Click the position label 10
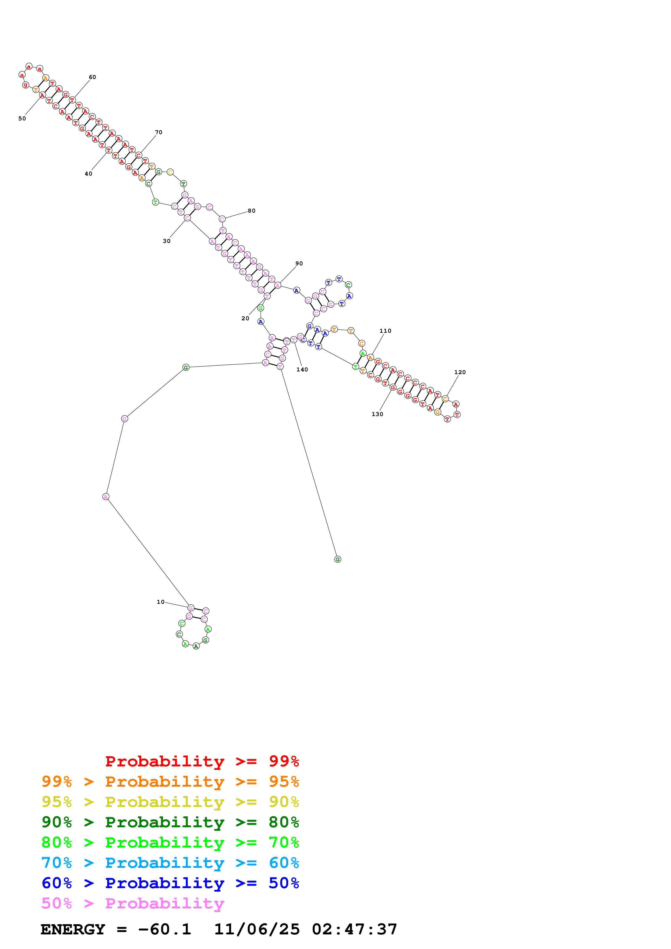click(161, 602)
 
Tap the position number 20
click(245, 318)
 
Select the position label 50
click(22, 118)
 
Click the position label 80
click(251, 211)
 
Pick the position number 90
click(299, 263)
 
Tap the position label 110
click(385, 331)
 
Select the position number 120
click(460, 372)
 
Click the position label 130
click(377, 414)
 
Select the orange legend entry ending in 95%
click(170, 782)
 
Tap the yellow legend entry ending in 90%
click(170, 802)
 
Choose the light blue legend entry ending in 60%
click(170, 863)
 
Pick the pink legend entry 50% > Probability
click(133, 903)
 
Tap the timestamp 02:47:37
click(354, 929)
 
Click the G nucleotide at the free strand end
click(337, 559)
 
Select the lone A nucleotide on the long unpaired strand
click(106, 496)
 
